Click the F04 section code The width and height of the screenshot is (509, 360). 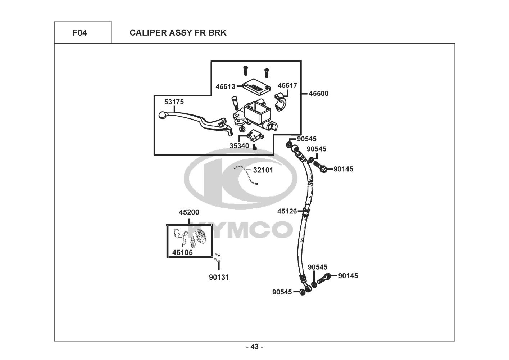pyautogui.click(x=79, y=33)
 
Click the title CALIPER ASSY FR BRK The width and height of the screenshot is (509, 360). pyautogui.click(x=178, y=33)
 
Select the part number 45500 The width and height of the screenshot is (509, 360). pyautogui.click(x=319, y=94)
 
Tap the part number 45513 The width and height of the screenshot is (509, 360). pyautogui.click(x=225, y=86)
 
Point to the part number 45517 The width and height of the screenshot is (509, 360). pyautogui.click(x=287, y=86)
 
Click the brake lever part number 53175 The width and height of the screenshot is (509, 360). pyautogui.click(x=174, y=102)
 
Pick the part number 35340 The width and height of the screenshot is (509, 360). pyautogui.click(x=239, y=146)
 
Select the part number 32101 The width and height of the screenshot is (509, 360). pyautogui.click(x=263, y=170)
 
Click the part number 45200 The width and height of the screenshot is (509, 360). pyautogui.click(x=189, y=212)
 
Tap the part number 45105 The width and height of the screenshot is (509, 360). pyautogui.click(x=182, y=253)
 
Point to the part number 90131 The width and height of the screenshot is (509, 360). pyautogui.click(x=219, y=277)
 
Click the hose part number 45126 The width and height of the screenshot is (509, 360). pyautogui.click(x=287, y=211)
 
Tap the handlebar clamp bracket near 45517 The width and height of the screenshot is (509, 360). pyautogui.click(x=281, y=101)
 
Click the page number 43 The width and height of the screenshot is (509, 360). pyautogui.click(x=254, y=347)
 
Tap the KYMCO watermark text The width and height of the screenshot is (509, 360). pyautogui.click(x=240, y=229)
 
